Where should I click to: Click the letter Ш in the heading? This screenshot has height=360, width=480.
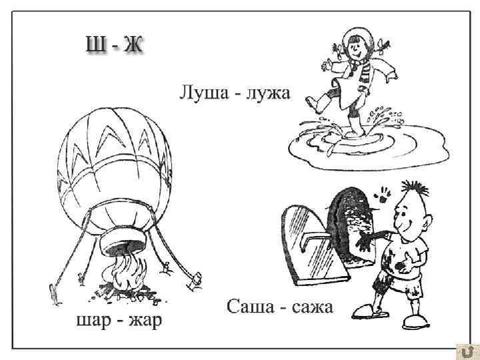coord(93,45)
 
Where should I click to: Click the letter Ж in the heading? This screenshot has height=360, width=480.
coord(137,45)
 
